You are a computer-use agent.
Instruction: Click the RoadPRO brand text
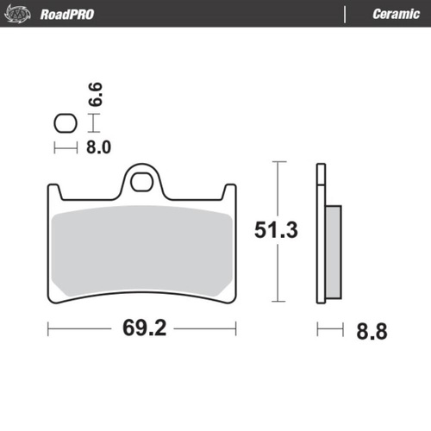(x=66, y=14)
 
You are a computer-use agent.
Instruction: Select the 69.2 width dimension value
(x=142, y=328)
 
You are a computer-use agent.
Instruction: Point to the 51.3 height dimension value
(x=275, y=230)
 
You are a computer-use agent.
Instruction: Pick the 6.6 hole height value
(x=97, y=93)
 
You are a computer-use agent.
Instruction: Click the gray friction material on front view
(x=142, y=250)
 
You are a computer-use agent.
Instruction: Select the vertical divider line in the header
(x=344, y=14)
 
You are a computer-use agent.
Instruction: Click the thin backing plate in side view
(x=320, y=233)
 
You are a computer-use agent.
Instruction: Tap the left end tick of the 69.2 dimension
(x=48, y=328)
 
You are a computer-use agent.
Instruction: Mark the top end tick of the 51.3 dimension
(x=275, y=161)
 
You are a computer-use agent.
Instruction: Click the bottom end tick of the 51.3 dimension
(x=275, y=303)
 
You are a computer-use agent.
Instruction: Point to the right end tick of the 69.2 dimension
(x=236, y=328)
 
